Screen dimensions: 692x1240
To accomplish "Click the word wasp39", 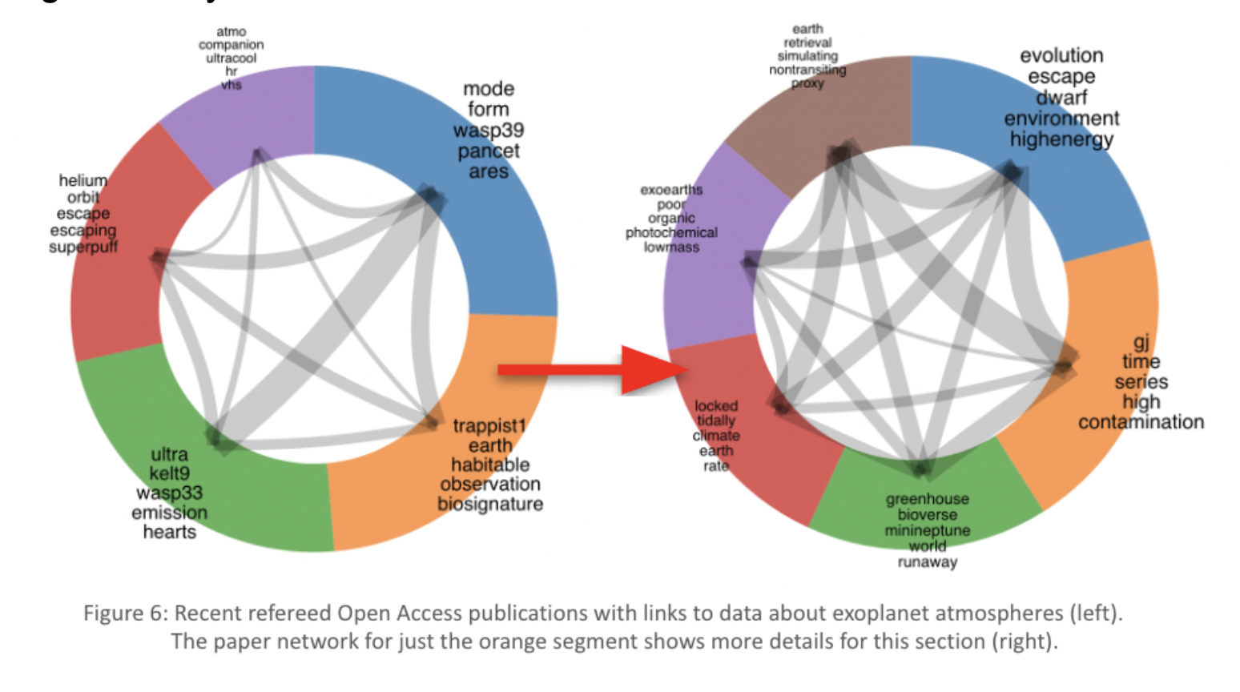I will [488, 131].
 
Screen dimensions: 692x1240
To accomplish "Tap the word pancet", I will [488, 151].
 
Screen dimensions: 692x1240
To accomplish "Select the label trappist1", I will [489, 425].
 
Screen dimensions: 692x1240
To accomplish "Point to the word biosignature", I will [490, 504].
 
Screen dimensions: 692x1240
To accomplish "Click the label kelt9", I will [169, 473].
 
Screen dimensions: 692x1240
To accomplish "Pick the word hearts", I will [169, 532].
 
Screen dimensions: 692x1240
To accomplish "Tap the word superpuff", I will [83, 247].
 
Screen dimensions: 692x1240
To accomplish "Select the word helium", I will [83, 180].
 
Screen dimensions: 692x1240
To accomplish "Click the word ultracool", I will [231, 58].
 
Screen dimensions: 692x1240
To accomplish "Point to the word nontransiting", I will [807, 70].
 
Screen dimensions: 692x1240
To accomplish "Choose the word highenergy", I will [1061, 139].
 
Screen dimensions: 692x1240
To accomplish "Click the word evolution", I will [1061, 56].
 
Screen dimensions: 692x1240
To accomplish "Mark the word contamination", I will [1141, 422].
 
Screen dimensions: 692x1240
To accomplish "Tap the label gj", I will [1141, 342].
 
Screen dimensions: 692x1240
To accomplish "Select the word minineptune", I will [927, 530].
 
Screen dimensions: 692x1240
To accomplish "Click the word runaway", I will [927, 562].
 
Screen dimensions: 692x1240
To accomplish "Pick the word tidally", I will [715, 420].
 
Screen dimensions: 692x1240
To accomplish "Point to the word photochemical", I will [671, 232].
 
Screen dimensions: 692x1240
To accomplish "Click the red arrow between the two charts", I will [593, 369].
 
